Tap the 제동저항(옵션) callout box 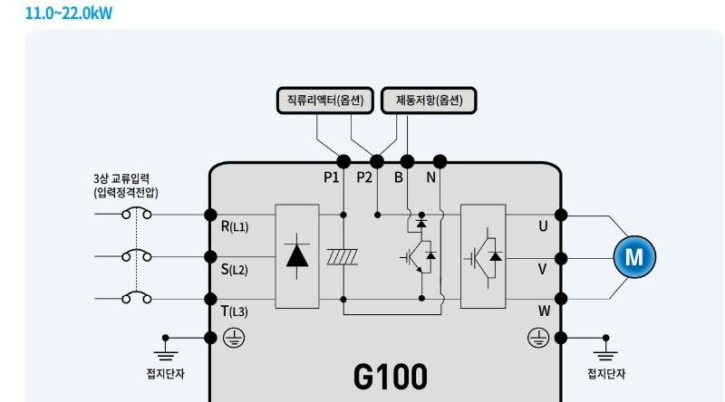click(x=429, y=100)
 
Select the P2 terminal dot click(x=377, y=162)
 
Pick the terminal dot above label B click(x=408, y=162)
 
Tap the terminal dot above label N click(x=440, y=162)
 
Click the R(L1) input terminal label click(x=234, y=226)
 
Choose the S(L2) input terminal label click(x=234, y=269)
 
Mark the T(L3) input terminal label click(x=234, y=311)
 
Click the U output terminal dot click(x=561, y=215)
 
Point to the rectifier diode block click(x=296, y=257)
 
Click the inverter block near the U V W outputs click(x=483, y=257)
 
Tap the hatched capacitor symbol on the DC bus click(x=343, y=257)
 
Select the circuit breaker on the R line click(x=137, y=215)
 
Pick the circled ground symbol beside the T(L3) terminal click(x=232, y=338)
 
